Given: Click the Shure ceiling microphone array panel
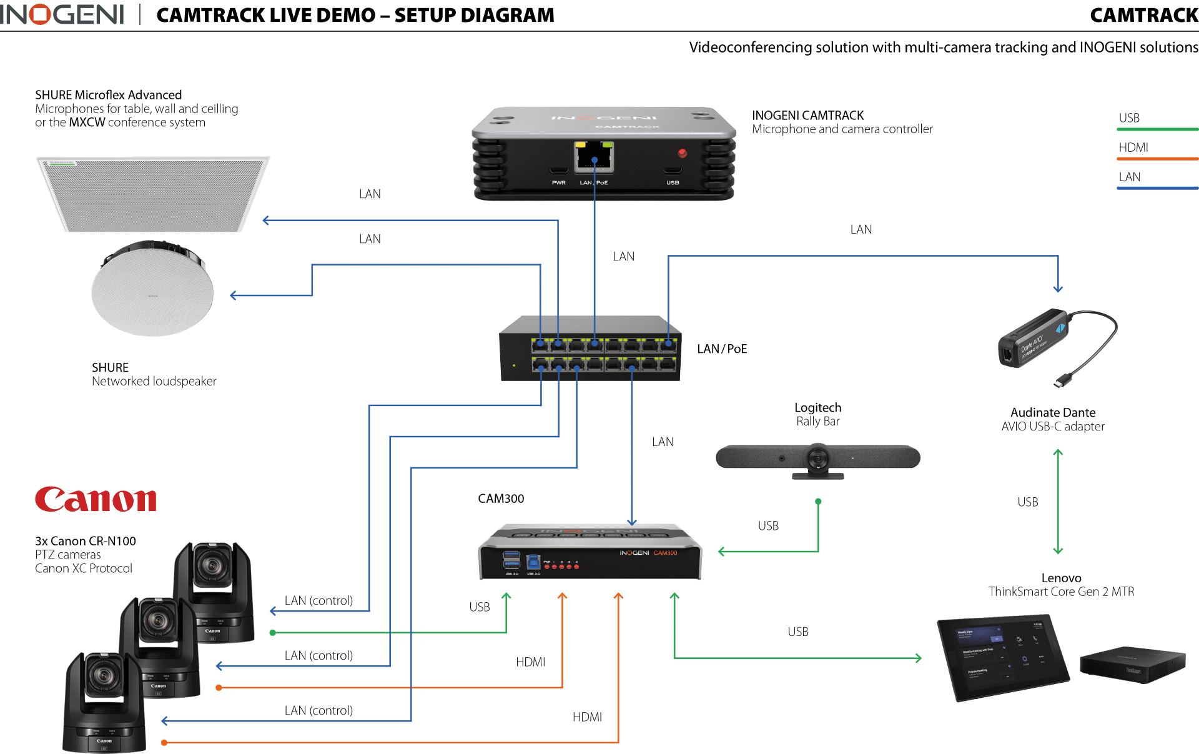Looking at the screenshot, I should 153,194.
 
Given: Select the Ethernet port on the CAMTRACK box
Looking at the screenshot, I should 594,157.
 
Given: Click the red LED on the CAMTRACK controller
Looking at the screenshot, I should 683,153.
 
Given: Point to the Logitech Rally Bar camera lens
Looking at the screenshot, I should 817,459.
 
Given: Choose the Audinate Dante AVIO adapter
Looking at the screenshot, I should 1037,340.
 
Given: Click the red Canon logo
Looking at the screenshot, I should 96,500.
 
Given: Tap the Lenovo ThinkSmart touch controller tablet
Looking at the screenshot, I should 1004,657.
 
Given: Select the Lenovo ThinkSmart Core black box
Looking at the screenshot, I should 1133,665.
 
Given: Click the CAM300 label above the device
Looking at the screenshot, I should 501,499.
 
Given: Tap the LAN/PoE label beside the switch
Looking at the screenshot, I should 722,349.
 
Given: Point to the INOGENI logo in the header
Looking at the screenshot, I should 62,15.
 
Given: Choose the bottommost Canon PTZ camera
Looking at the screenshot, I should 105,703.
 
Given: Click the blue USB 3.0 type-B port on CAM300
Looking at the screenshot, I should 533,561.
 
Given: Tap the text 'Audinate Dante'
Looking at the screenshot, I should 1053,413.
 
